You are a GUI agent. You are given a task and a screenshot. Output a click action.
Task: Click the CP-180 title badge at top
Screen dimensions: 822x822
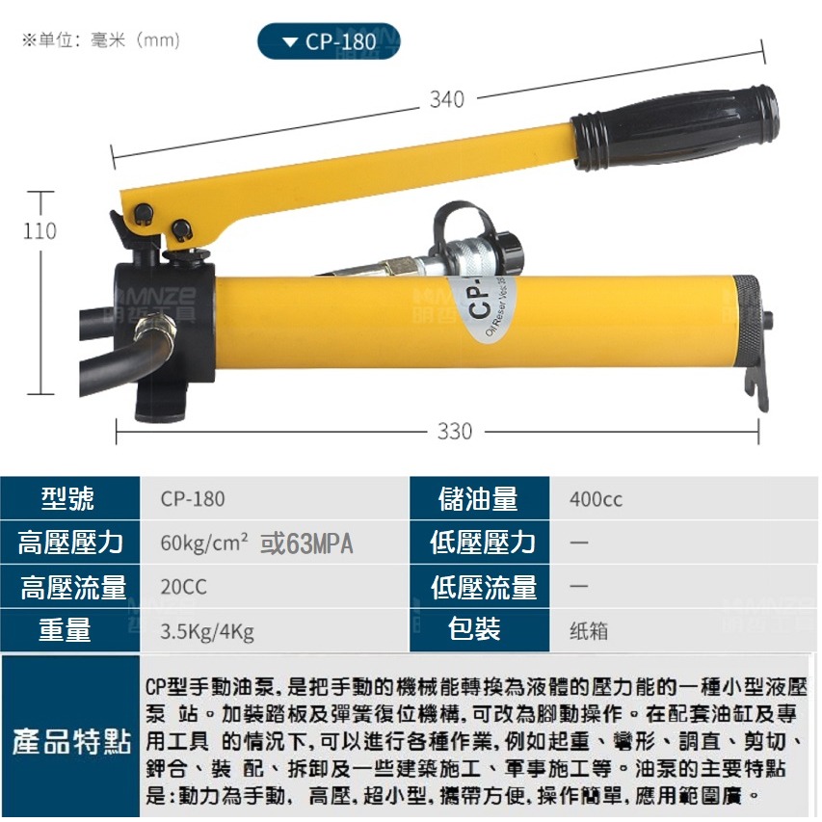point(329,41)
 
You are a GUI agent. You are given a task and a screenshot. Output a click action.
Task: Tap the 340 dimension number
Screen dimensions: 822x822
point(446,99)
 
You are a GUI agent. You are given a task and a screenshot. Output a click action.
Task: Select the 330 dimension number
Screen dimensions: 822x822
point(455,431)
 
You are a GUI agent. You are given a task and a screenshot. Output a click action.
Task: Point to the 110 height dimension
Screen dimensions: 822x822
point(40,231)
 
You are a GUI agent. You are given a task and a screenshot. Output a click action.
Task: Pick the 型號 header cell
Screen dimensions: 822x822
point(68,499)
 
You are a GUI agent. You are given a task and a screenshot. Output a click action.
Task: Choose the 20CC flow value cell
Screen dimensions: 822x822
point(184,587)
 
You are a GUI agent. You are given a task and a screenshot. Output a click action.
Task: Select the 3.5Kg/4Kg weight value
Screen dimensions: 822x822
point(207,631)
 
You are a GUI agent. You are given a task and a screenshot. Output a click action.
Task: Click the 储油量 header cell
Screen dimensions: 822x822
point(479,499)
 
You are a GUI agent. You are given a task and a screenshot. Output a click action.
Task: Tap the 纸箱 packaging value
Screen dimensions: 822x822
point(589,631)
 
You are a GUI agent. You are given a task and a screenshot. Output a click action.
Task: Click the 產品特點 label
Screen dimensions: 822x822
point(71,742)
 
